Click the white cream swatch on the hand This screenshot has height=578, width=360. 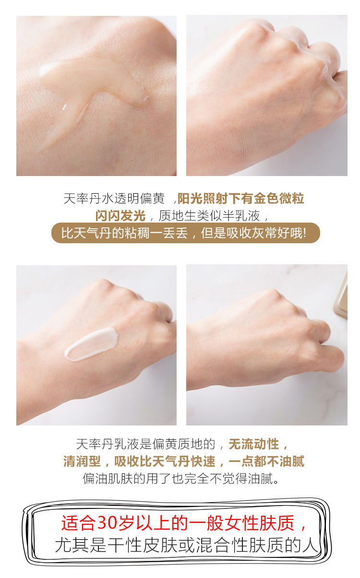[x=92, y=344]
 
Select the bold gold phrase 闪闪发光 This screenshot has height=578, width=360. [x=120, y=215]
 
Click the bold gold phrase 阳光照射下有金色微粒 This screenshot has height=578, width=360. [x=241, y=199]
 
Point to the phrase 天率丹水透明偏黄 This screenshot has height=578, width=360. [x=114, y=199]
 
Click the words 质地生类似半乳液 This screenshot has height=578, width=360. [x=209, y=216]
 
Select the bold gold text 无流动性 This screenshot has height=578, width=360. [x=254, y=444]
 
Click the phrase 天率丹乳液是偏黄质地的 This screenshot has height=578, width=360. [x=145, y=444]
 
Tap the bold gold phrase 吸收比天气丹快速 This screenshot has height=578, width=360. [x=165, y=461]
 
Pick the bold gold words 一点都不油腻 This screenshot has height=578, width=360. [x=266, y=461]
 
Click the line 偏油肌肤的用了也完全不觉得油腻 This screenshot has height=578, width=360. [x=181, y=479]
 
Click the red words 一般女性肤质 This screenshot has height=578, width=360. [x=242, y=523]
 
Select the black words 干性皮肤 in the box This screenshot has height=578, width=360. [x=142, y=545]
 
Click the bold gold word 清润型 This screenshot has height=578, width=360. [x=82, y=461]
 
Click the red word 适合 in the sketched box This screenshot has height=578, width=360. [x=78, y=523]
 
